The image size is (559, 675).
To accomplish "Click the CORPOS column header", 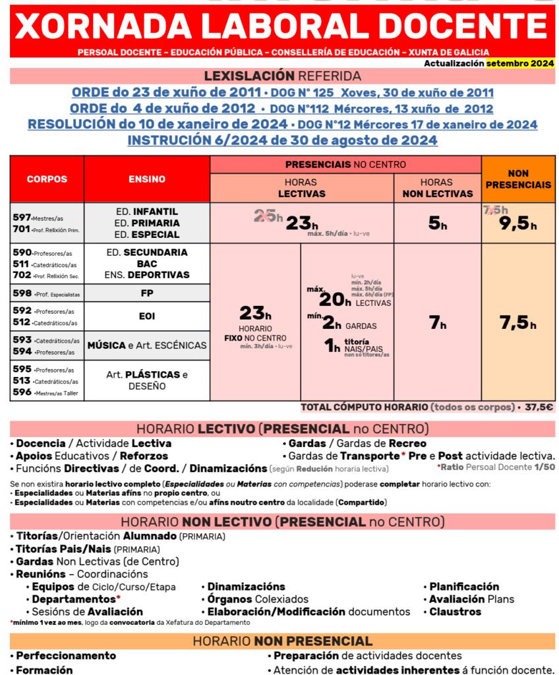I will pyautogui.click(x=47, y=179).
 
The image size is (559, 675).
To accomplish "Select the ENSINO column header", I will pyautogui.click(x=147, y=179).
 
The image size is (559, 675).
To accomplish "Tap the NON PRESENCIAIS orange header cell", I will pyautogui.click(x=518, y=179).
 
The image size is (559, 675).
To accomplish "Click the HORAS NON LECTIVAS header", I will pyautogui.click(x=438, y=188).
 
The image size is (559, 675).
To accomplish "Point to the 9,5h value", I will pyautogui.click(x=517, y=224).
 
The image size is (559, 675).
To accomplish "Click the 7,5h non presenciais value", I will pyautogui.click(x=517, y=323).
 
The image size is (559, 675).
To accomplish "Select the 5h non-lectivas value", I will pyautogui.click(x=438, y=224).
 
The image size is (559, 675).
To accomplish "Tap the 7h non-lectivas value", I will pyautogui.click(x=438, y=323).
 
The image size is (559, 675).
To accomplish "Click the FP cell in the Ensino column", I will pyautogui.click(x=147, y=293).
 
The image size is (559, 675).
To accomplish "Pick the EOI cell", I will pyautogui.click(x=147, y=316).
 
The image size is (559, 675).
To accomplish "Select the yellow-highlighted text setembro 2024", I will pyautogui.click(x=519, y=64).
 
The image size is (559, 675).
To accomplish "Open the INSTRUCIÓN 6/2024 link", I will pyautogui.click(x=282, y=140).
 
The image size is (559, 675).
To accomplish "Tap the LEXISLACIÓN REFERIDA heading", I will pyautogui.click(x=282, y=76).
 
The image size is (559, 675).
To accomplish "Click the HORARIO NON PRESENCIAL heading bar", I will pyautogui.click(x=282, y=641).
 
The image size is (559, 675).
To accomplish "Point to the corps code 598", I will pyautogui.click(x=22, y=293).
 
